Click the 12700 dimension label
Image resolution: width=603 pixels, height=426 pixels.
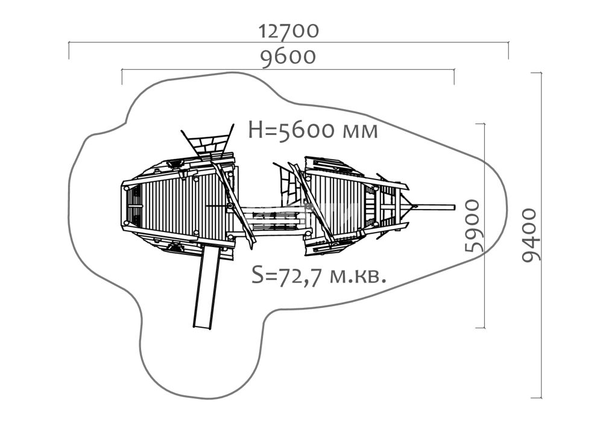(288, 31)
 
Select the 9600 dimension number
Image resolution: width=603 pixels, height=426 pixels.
(288, 57)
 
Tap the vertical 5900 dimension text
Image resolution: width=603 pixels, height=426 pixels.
(473, 226)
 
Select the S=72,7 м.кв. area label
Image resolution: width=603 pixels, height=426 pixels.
(319, 275)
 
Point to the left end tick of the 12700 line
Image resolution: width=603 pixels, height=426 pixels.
(69, 51)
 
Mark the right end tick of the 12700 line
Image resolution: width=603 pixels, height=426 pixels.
(508, 51)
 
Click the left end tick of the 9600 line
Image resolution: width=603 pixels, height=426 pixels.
(122, 77)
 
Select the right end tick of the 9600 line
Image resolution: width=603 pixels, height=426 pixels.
(454, 77)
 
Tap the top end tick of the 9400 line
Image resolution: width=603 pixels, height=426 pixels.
(536, 72)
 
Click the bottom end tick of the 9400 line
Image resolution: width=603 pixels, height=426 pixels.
(536, 398)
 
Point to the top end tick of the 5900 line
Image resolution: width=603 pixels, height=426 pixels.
(480, 124)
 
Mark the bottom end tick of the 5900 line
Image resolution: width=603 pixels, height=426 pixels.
(480, 328)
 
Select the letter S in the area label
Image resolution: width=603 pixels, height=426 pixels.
(257, 275)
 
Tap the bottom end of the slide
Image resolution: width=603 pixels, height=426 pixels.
(202, 328)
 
